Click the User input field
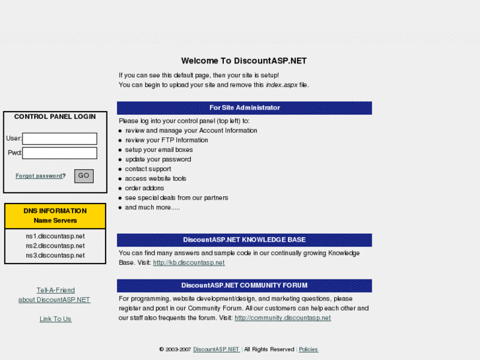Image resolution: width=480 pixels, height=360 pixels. point(59,139)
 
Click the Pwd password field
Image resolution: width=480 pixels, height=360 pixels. point(59,153)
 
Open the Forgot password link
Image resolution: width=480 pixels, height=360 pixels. point(39,176)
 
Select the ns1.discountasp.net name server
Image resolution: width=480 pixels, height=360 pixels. point(55,236)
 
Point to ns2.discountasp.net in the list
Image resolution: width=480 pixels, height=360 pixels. point(55,246)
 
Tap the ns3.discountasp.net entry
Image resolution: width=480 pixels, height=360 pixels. point(55,256)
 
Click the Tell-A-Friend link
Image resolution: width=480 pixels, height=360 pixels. point(55,290)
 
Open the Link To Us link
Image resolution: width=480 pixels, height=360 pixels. point(55,319)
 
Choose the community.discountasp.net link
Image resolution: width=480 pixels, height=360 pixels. point(283,318)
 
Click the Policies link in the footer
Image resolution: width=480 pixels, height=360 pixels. point(308,349)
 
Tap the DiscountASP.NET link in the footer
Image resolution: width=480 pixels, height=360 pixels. point(216,349)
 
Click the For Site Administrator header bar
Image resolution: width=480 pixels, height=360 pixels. point(244,108)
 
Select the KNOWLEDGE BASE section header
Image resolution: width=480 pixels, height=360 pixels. point(244,240)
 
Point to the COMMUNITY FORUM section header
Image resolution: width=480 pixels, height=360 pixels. point(244,285)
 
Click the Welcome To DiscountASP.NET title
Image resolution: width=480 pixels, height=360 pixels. point(244,61)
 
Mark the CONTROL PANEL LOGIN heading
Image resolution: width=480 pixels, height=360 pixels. point(55,116)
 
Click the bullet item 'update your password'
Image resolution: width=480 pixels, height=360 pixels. point(158,159)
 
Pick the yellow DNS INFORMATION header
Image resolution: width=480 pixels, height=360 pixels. point(55,215)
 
